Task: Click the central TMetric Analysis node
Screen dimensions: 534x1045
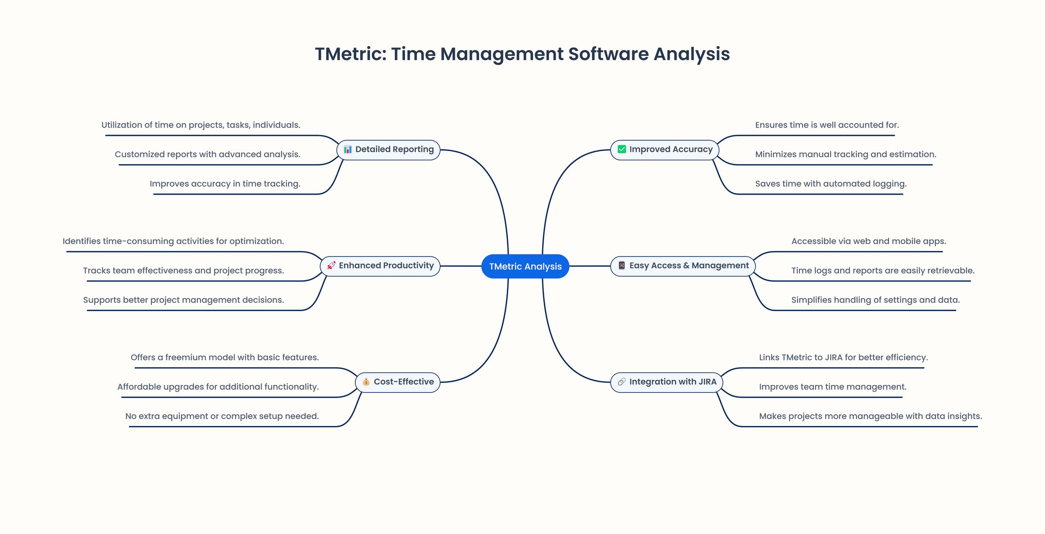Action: pos(525,266)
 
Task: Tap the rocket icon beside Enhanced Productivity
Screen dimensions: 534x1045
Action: pos(331,266)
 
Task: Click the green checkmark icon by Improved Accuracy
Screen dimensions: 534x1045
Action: pos(622,149)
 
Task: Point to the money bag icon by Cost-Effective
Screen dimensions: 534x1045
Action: pos(366,382)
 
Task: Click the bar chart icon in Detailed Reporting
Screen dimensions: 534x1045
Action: pos(347,149)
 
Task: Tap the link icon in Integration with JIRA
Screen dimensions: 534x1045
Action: pos(622,382)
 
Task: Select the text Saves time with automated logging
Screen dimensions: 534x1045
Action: pos(831,184)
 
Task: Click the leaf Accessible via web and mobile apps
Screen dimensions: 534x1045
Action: pos(868,241)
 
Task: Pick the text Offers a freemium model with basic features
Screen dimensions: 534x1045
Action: pos(225,358)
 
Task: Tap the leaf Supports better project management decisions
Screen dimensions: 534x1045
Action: pos(183,300)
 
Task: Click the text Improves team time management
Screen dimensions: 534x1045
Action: pos(833,387)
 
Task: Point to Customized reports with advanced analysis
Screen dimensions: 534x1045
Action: pos(207,155)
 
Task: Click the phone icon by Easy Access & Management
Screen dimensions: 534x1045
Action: pos(622,266)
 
